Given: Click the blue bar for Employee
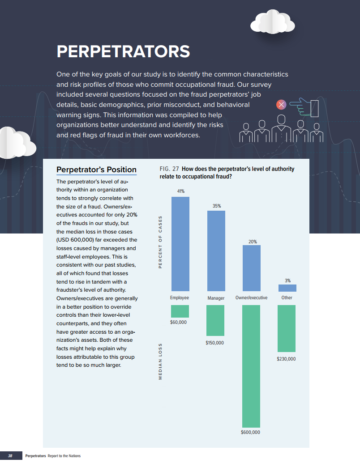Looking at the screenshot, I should [180, 244].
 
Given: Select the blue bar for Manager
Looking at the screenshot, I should [216, 251].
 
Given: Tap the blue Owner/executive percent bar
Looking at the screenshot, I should [251, 268].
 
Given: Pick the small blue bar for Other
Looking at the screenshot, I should [287, 288].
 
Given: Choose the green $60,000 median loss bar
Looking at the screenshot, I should [180, 311].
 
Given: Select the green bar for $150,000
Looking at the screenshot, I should [215, 320].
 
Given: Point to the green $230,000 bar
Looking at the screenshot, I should [287, 328].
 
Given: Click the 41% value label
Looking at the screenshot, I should [180, 191].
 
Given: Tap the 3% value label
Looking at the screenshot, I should [287, 280].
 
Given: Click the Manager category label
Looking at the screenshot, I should [216, 298].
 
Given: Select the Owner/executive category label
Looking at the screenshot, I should [251, 297].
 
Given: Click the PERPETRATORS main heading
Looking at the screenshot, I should [123, 51].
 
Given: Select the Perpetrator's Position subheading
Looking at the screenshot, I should [96, 170].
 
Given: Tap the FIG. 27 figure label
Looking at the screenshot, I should [169, 169].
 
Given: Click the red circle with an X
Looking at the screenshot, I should [281, 105].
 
